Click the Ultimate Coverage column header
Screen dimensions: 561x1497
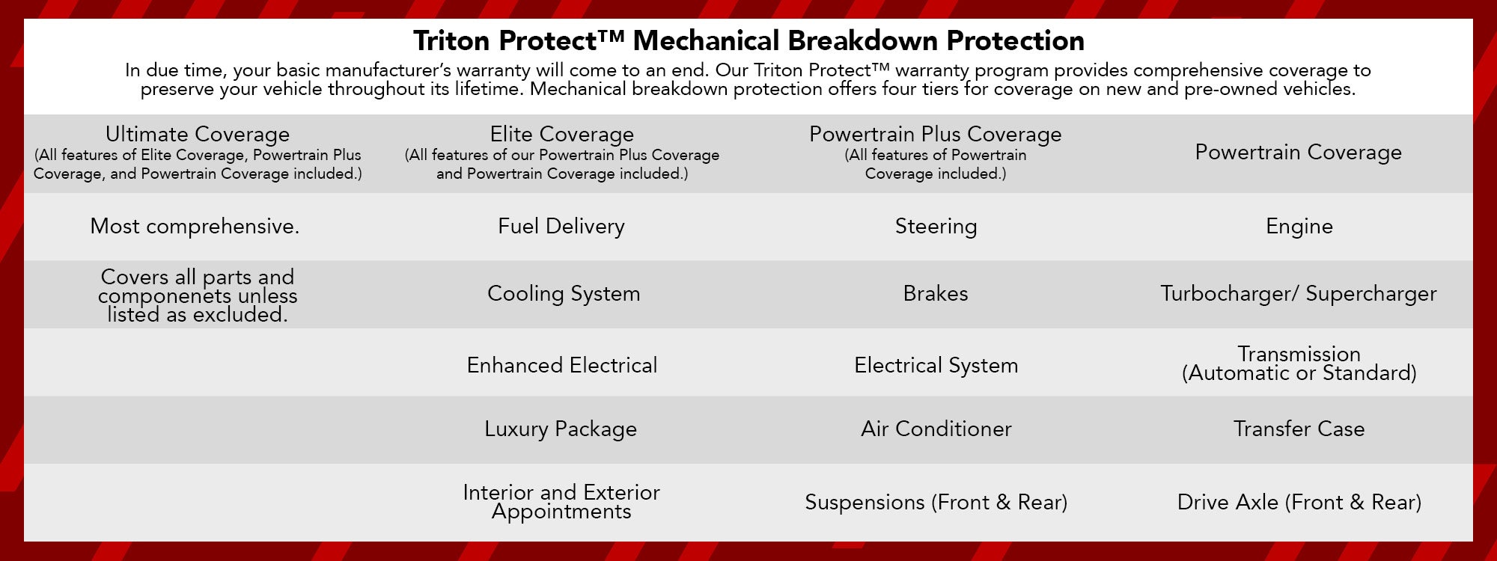(x=198, y=135)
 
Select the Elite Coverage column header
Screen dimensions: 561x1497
(x=561, y=135)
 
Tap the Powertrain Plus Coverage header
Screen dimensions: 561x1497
(x=935, y=135)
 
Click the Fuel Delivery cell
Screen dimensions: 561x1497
(x=561, y=226)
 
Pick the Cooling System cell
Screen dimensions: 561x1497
(x=564, y=293)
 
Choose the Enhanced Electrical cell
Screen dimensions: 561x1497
(x=561, y=365)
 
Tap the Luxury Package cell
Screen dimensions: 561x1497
(x=561, y=429)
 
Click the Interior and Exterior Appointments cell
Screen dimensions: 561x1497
(x=561, y=502)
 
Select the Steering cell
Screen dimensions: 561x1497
(x=936, y=226)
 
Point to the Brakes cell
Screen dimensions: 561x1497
(x=936, y=293)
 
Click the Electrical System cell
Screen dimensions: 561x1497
(x=936, y=365)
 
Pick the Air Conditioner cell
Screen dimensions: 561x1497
(x=936, y=429)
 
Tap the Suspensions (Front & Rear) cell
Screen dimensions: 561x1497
(x=936, y=502)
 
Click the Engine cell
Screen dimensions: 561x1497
(x=1299, y=226)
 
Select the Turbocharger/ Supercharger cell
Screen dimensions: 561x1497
(x=1298, y=293)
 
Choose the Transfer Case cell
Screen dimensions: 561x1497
(x=1299, y=429)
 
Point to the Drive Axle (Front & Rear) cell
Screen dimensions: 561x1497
(x=1299, y=502)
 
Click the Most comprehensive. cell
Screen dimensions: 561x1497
(x=195, y=226)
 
